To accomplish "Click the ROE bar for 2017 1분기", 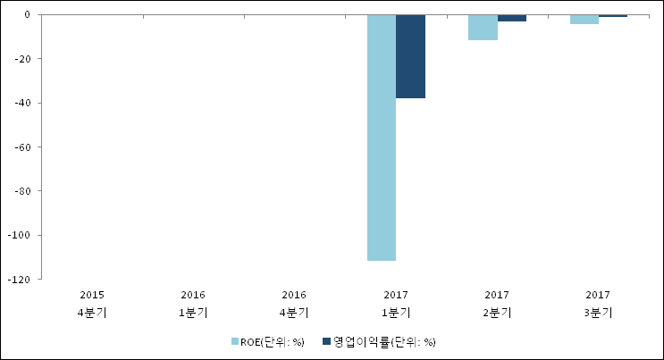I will point(382,138).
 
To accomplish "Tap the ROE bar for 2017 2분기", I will point(483,28).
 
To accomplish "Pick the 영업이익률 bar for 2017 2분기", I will point(512,18).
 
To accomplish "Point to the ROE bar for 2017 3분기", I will point(584,20).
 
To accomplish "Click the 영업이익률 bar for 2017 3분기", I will point(613,16).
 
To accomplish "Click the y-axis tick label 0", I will point(28,15).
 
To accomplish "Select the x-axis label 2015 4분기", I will point(93,303).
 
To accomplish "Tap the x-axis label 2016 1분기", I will point(194,303).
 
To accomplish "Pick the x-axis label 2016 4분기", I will point(295,303).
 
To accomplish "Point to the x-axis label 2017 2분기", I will point(497,303).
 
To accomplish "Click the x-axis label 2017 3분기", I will point(598,303).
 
